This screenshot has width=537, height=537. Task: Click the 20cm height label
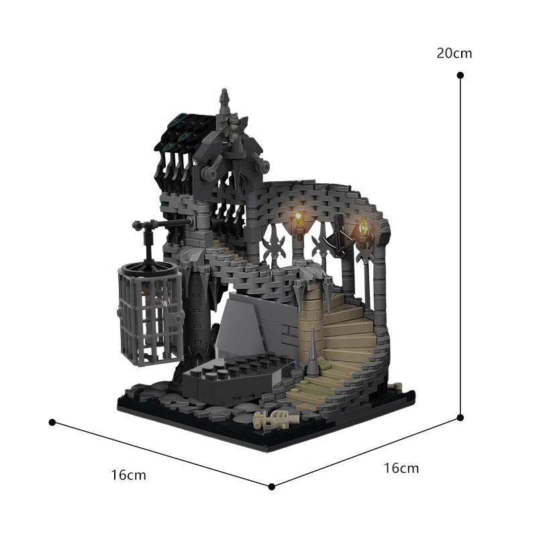tap(454, 53)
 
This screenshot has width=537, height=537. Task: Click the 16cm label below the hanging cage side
tap(128, 475)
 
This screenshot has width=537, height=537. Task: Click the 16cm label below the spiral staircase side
tap(401, 468)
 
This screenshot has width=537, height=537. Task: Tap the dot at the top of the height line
tap(460, 76)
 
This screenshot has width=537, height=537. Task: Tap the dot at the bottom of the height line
tap(460, 417)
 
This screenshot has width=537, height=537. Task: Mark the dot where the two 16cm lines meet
tap(272, 486)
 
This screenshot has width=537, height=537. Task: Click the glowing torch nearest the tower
tap(299, 219)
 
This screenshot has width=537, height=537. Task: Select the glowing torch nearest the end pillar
tap(363, 228)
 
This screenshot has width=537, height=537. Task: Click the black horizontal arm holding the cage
tap(161, 224)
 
